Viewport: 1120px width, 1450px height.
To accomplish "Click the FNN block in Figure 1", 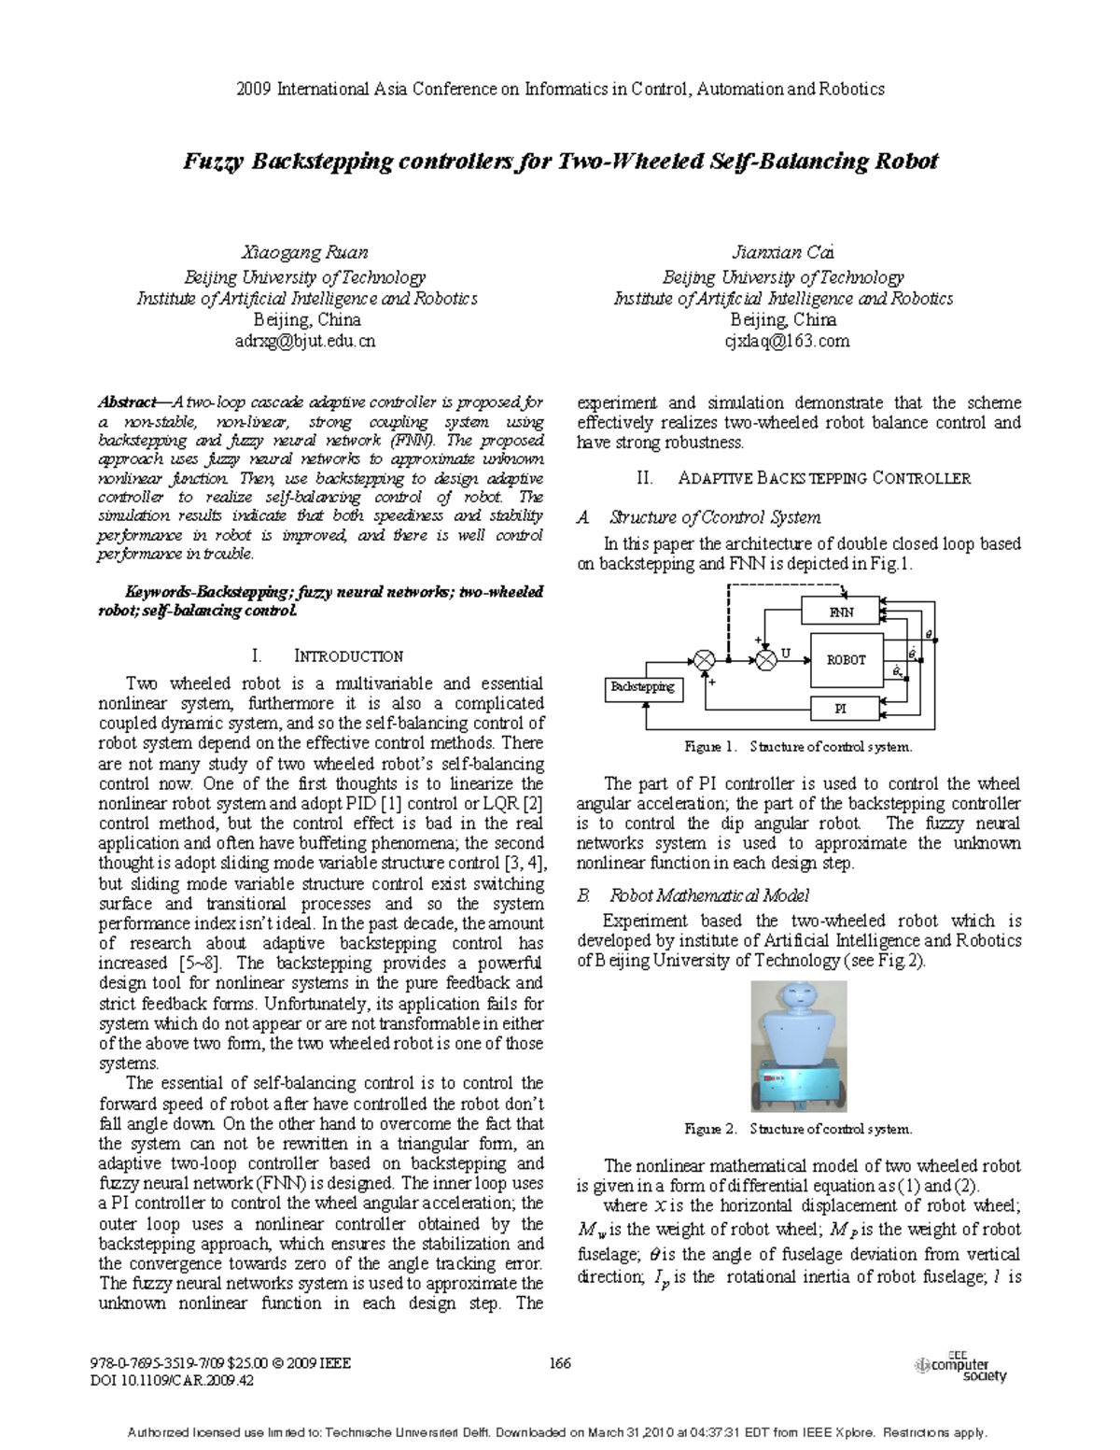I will point(840,612).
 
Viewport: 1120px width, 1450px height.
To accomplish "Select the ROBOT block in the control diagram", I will point(846,660).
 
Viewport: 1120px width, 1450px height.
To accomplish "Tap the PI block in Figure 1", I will point(840,710).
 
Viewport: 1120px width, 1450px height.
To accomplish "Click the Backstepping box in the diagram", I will point(642,688).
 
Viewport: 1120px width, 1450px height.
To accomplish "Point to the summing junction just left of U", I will point(765,660).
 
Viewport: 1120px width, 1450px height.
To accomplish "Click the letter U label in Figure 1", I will point(786,654).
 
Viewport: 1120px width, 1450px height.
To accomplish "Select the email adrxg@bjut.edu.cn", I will point(304,342).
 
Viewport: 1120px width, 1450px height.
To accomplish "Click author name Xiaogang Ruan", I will point(304,252).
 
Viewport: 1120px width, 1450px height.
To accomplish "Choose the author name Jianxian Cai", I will point(784,252).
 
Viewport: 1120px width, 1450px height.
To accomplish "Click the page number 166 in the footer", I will point(559,1363).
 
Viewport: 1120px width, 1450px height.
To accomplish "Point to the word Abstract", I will point(127,402).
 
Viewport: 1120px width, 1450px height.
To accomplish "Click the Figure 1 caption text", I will point(798,747).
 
